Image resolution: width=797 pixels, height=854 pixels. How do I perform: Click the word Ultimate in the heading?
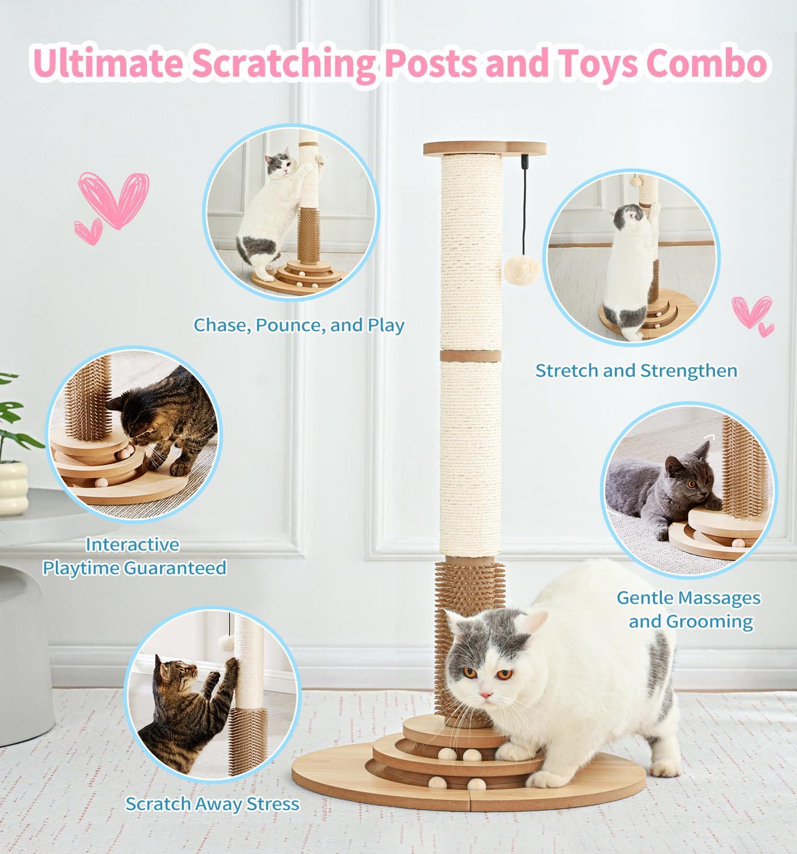coord(108,64)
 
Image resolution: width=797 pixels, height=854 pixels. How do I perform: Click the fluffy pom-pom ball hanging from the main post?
coord(520,270)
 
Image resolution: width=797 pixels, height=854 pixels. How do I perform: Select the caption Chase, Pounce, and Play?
coord(299,325)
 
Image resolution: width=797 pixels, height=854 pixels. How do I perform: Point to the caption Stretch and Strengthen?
coord(636,371)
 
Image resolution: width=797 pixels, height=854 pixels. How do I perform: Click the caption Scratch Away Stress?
coord(212,804)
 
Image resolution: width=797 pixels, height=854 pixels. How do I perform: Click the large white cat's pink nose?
coord(486,695)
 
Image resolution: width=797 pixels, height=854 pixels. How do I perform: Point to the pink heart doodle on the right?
coord(751,311)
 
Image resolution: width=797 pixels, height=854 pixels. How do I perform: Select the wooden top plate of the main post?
coord(484,149)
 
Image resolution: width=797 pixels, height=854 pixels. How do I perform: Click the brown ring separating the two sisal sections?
coord(470,356)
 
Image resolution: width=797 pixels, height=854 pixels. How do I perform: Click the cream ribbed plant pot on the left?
coord(13,487)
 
